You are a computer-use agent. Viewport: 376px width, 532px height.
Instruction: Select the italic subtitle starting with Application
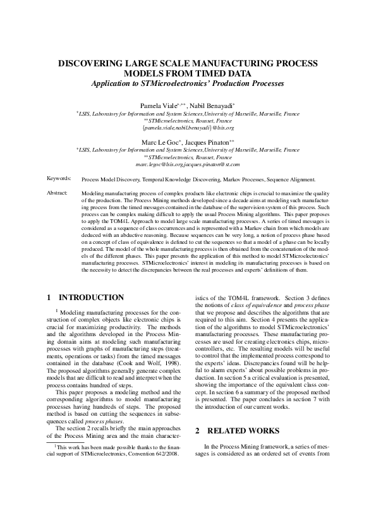pos(188,83)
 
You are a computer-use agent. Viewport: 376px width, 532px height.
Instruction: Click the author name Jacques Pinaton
pos(210,143)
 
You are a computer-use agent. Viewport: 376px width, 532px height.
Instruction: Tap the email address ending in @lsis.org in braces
pos(188,127)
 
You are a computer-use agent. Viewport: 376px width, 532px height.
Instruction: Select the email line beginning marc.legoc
pos(188,164)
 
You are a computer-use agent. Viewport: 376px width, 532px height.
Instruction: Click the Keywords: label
pos(59,179)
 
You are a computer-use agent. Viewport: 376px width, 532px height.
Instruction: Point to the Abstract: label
pos(58,192)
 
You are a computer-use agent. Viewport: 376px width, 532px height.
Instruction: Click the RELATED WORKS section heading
pos(236,431)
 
